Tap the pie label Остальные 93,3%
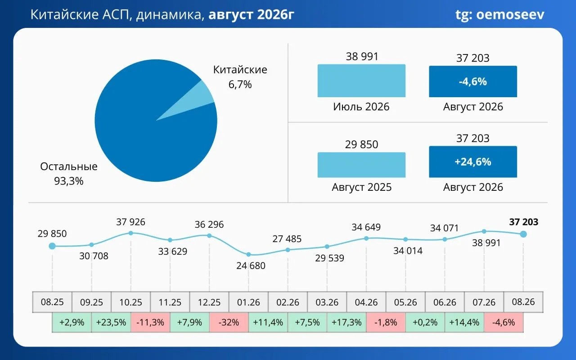click(x=69, y=174)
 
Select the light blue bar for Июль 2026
click(x=361, y=81)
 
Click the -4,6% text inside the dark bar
click(x=472, y=81)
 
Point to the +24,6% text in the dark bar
click(x=472, y=162)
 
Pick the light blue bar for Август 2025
click(x=361, y=165)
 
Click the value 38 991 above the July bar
click(x=362, y=57)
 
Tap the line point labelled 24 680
click(x=248, y=254)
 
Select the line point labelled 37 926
click(x=130, y=233)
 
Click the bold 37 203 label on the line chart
click(x=523, y=222)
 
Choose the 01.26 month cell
click(x=248, y=302)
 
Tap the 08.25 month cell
click(x=52, y=302)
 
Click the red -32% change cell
click(x=229, y=322)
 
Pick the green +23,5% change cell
click(x=111, y=322)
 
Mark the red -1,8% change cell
click(x=386, y=322)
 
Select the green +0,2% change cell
click(x=425, y=322)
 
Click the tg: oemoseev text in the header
click(x=499, y=15)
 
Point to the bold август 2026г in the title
click(x=251, y=15)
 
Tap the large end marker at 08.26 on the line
click(x=523, y=234)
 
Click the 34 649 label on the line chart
click(x=366, y=227)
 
